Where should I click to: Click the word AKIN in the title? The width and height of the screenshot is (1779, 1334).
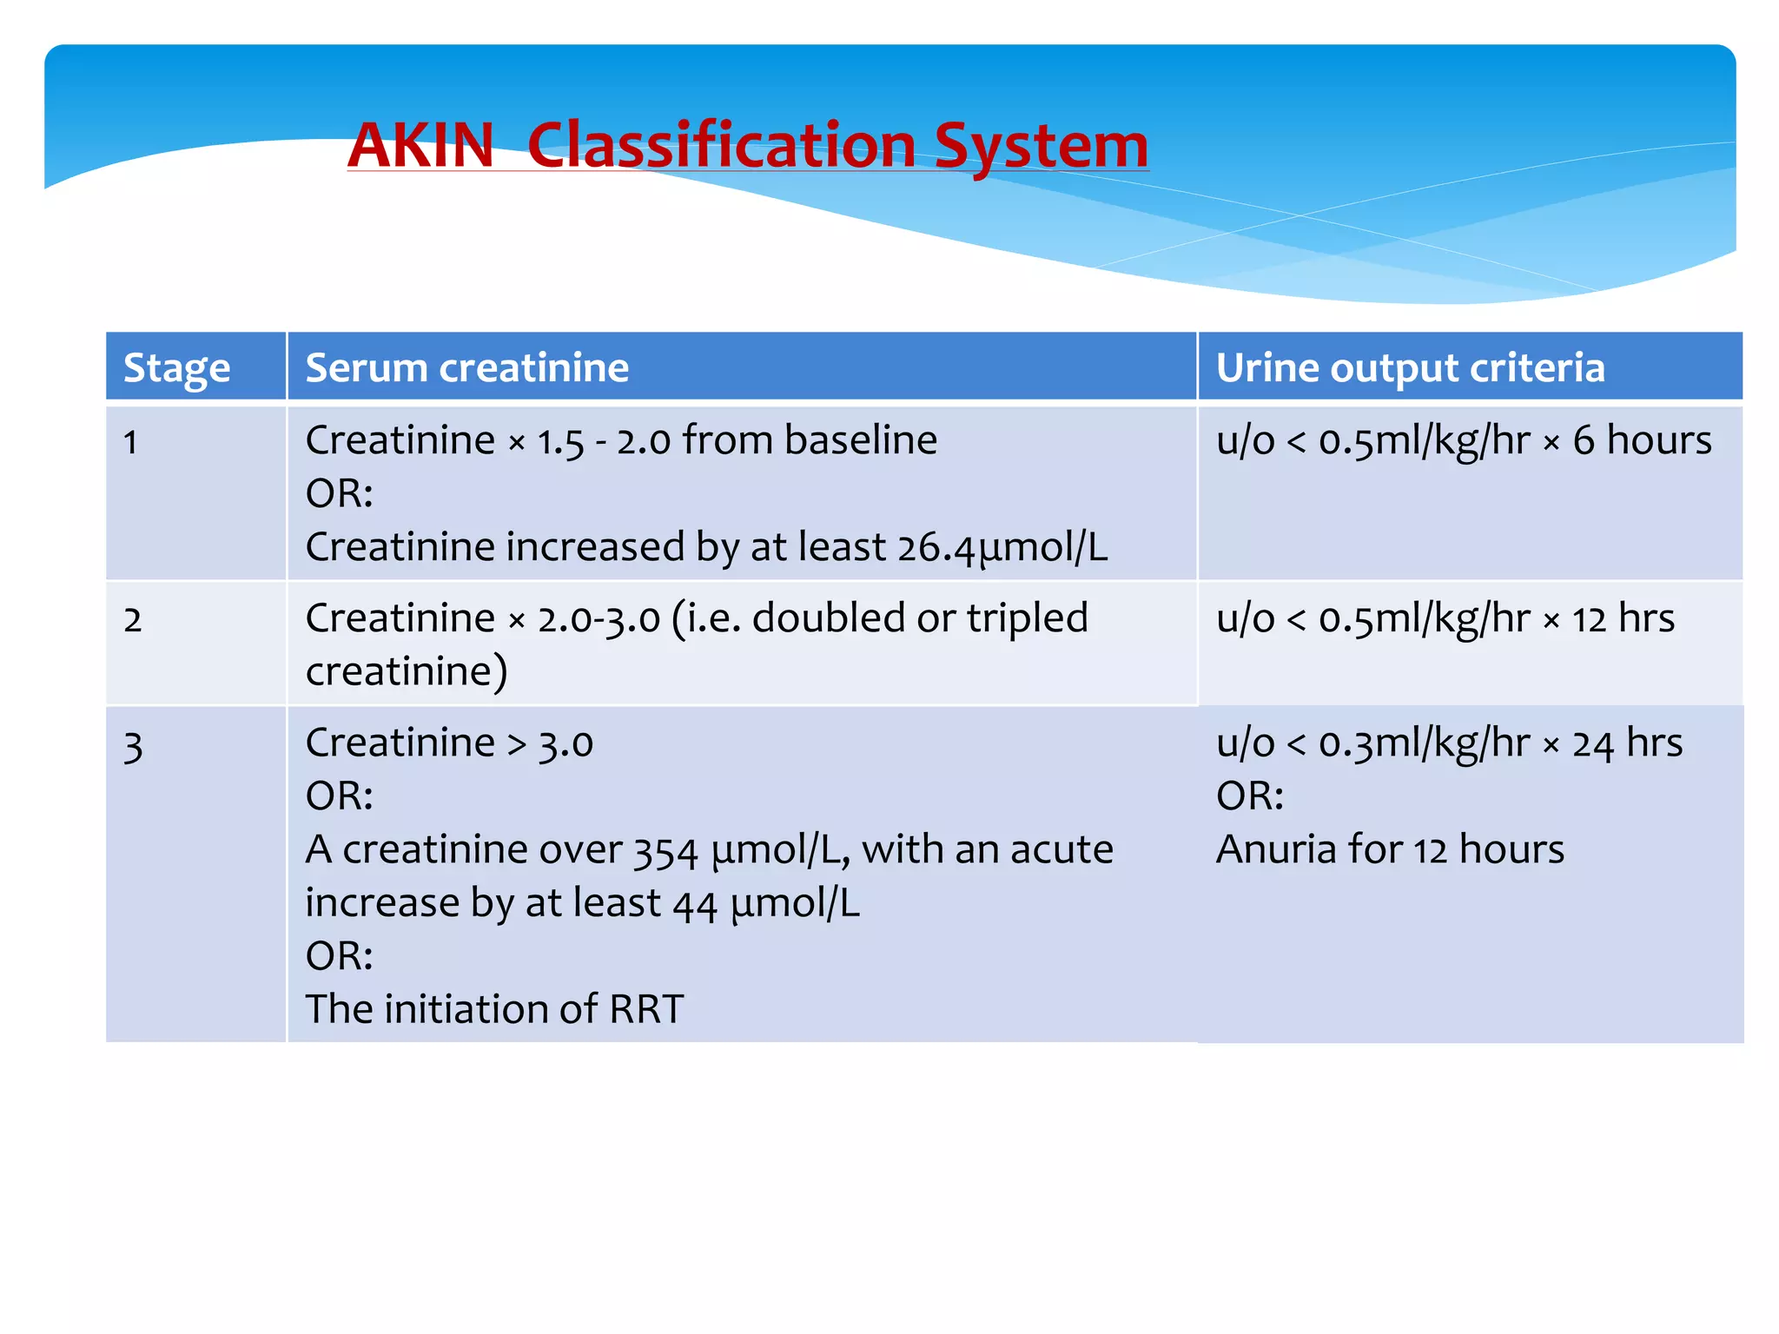(x=420, y=145)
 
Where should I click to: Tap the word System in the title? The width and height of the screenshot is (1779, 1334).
(x=1041, y=145)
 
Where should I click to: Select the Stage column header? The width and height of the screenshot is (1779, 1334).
(x=176, y=367)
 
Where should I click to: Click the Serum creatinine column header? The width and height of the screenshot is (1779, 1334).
(x=466, y=367)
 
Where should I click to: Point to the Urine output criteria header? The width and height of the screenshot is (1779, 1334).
(x=1409, y=367)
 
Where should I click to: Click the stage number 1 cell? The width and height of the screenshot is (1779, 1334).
(x=131, y=442)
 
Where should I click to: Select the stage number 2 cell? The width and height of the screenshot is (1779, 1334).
(x=132, y=620)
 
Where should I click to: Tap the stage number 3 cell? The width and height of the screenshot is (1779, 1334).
(x=132, y=746)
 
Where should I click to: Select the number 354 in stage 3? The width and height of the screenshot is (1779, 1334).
(x=665, y=850)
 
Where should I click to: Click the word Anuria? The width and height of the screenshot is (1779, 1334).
(x=1276, y=849)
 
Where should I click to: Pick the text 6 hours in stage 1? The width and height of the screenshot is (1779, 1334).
(x=1641, y=440)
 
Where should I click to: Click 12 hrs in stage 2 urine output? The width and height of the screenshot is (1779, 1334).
(x=1623, y=618)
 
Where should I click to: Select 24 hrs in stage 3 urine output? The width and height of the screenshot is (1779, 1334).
(x=1626, y=743)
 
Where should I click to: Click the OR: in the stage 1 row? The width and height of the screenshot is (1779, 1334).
(x=339, y=494)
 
